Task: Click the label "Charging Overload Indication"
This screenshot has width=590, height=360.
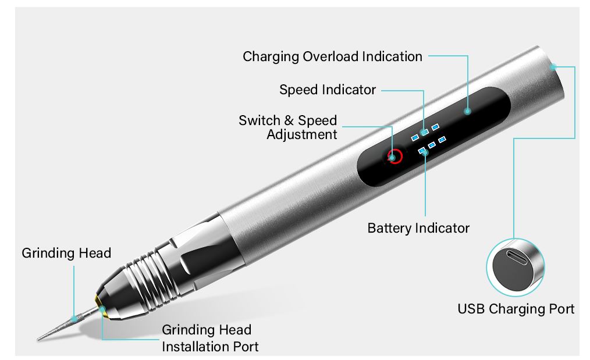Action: tap(332, 57)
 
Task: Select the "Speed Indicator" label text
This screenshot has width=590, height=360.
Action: tap(328, 90)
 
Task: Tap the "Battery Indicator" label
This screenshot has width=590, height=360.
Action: tap(418, 229)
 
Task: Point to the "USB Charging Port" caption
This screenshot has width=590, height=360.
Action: tap(516, 309)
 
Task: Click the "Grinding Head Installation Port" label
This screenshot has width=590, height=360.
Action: tap(210, 338)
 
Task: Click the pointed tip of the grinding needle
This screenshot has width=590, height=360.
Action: tap(38, 339)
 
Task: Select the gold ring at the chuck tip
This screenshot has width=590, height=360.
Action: tap(101, 306)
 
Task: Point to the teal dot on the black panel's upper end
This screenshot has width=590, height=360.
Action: tap(467, 111)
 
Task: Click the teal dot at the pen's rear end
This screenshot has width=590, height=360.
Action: tap(553, 67)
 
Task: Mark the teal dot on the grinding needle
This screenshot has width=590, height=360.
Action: tap(74, 319)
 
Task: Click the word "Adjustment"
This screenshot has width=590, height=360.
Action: tap(302, 134)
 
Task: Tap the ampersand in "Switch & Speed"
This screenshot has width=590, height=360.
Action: tap(289, 120)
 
